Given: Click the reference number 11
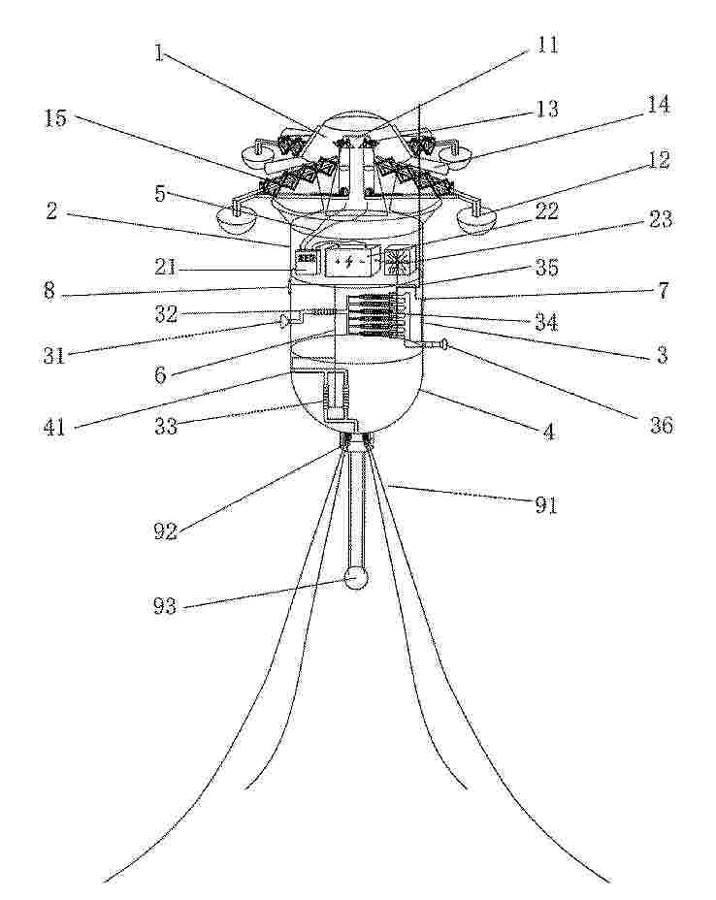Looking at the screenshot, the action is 546,45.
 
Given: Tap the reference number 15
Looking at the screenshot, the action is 54,118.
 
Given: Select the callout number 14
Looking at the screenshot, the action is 658,106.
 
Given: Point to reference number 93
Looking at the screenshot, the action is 165,606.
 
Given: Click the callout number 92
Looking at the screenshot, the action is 165,532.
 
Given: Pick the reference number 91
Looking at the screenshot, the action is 546,505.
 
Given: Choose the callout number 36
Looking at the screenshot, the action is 661,426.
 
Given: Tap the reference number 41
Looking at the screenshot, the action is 55,428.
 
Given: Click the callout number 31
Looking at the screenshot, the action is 55,355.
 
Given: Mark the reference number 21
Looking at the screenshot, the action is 166,268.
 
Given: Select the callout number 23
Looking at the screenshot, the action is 660,219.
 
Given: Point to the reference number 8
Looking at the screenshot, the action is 49,290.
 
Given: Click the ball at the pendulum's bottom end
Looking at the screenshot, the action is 355,579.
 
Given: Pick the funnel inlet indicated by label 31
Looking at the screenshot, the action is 286,322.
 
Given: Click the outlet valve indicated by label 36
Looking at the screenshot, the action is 443,344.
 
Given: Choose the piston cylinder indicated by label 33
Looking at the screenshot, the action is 335,395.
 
